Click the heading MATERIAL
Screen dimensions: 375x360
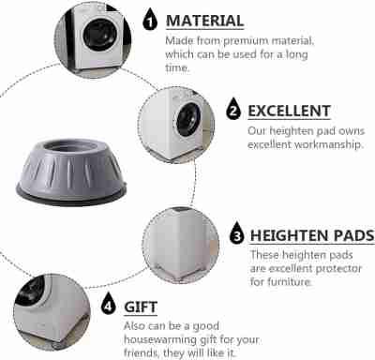tap(204, 21)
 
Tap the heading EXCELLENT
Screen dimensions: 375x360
tap(289, 111)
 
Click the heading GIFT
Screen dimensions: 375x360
tap(141, 307)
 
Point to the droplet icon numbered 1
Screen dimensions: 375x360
tap(150, 20)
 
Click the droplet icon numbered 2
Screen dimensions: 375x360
tap(233, 109)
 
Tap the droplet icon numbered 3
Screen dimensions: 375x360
tap(237, 232)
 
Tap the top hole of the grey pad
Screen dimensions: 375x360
tap(69, 146)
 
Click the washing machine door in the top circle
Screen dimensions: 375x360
tap(100, 35)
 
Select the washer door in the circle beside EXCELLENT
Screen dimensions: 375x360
tap(188, 119)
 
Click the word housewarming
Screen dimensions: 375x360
tap(159, 339)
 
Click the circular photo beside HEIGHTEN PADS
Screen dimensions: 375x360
tap(181, 246)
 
